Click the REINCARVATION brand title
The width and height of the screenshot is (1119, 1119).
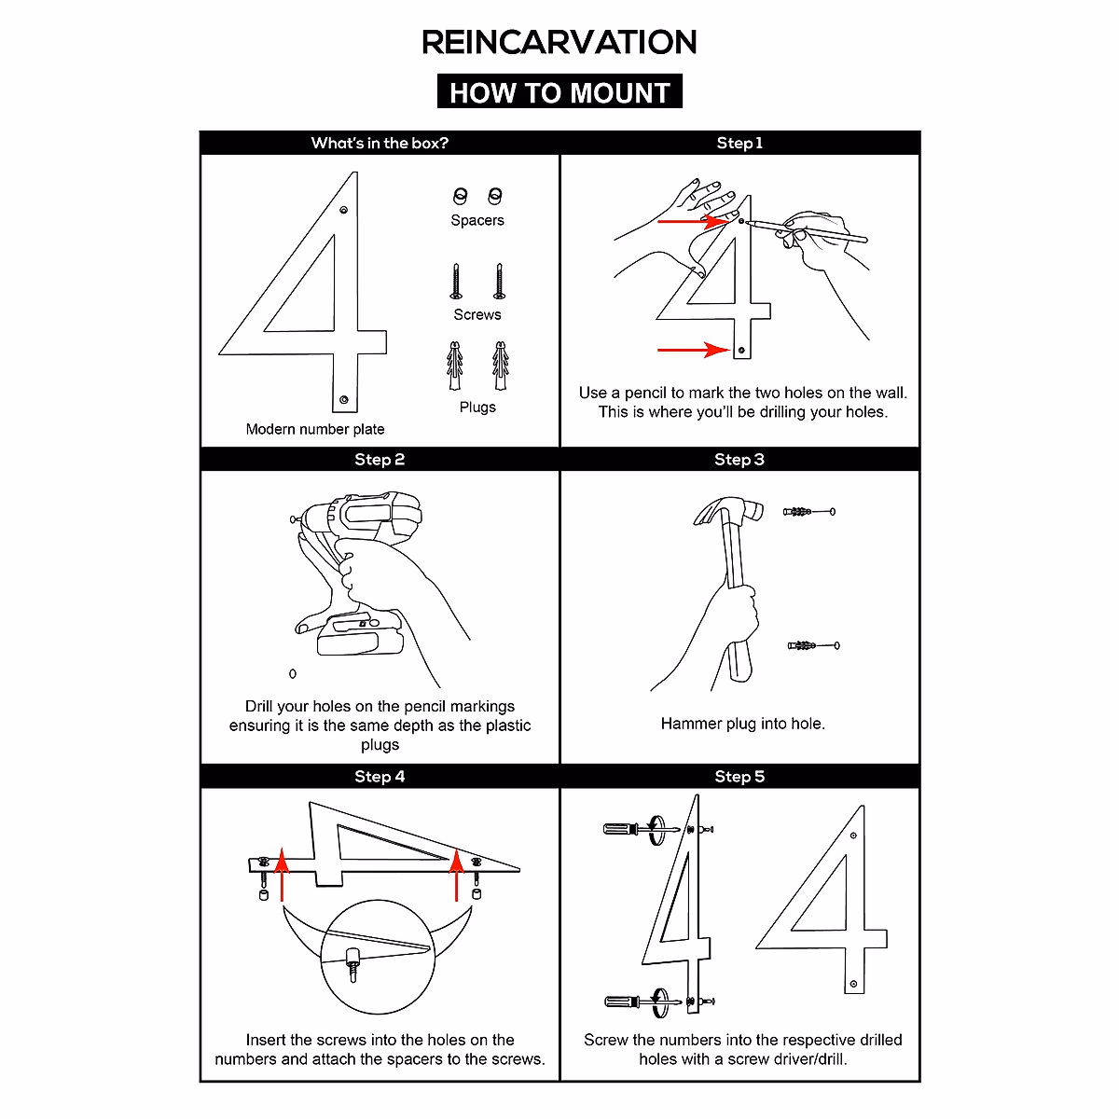click(x=559, y=42)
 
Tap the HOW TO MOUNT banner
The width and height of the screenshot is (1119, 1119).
click(x=559, y=92)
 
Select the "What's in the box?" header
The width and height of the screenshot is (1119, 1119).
click(x=380, y=143)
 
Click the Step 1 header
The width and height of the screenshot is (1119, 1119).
click(x=739, y=143)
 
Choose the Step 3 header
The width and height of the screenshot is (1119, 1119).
click(x=739, y=459)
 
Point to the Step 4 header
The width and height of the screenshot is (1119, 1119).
click(x=380, y=776)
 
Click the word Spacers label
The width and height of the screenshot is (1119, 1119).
click(x=477, y=220)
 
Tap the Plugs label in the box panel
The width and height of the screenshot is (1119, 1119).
click(x=477, y=407)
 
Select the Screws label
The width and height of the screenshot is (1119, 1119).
click(x=477, y=314)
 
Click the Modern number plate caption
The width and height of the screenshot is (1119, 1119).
click(x=315, y=429)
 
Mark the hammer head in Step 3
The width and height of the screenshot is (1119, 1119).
click(x=728, y=511)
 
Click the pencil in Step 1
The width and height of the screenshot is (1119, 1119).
click(x=808, y=230)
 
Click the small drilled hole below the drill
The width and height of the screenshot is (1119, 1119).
click(x=293, y=673)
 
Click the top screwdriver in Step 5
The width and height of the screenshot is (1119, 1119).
click(x=630, y=828)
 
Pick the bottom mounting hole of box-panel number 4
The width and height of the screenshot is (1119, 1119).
click(x=344, y=399)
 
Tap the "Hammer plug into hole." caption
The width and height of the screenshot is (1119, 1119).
click(x=742, y=724)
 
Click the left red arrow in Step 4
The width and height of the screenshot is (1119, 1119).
click(x=283, y=877)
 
